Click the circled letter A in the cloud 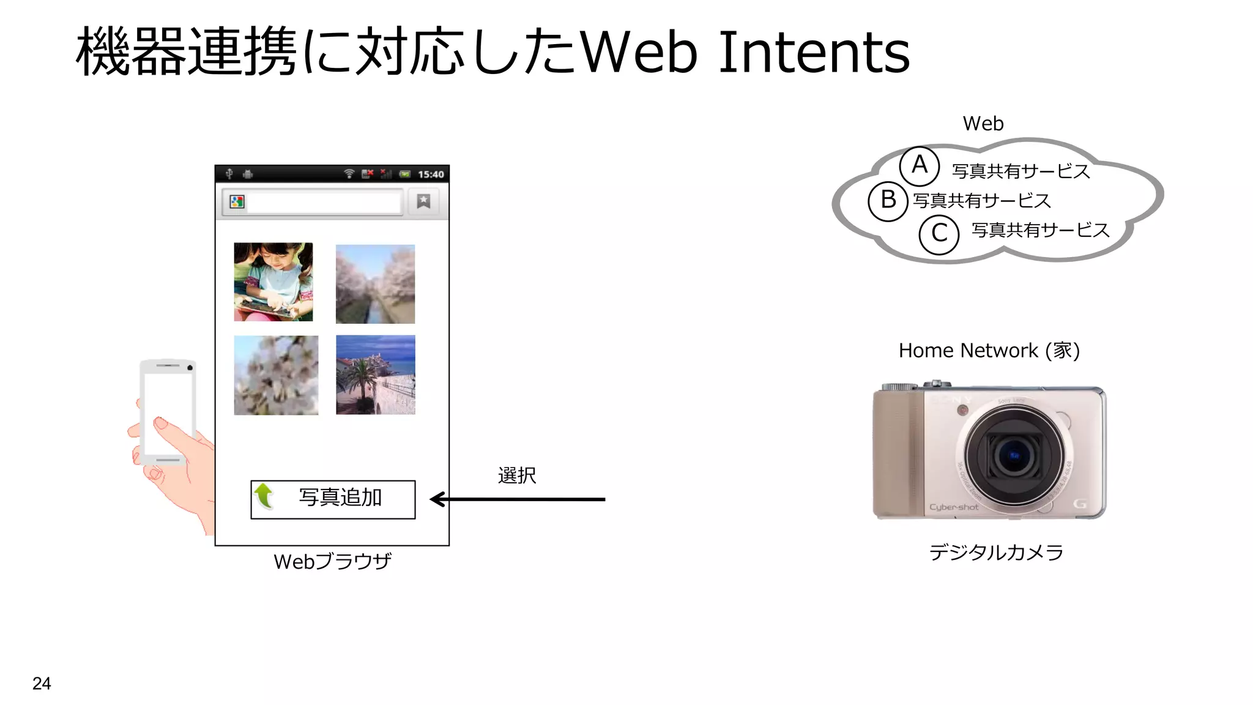[919, 166]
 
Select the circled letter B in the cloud [888, 200]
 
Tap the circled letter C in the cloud [939, 234]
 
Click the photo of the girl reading [273, 282]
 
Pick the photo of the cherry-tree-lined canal [375, 284]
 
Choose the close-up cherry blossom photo [276, 375]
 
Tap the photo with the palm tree [375, 375]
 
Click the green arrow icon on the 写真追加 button [264, 496]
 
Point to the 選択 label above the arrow [517, 476]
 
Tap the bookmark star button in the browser [423, 201]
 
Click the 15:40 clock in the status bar [431, 174]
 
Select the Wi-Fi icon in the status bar [349, 174]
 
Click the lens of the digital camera [1014, 455]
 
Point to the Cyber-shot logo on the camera [953, 507]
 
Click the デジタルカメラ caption [996, 553]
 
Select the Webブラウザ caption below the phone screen [332, 561]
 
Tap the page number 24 [42, 683]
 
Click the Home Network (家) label [989, 351]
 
